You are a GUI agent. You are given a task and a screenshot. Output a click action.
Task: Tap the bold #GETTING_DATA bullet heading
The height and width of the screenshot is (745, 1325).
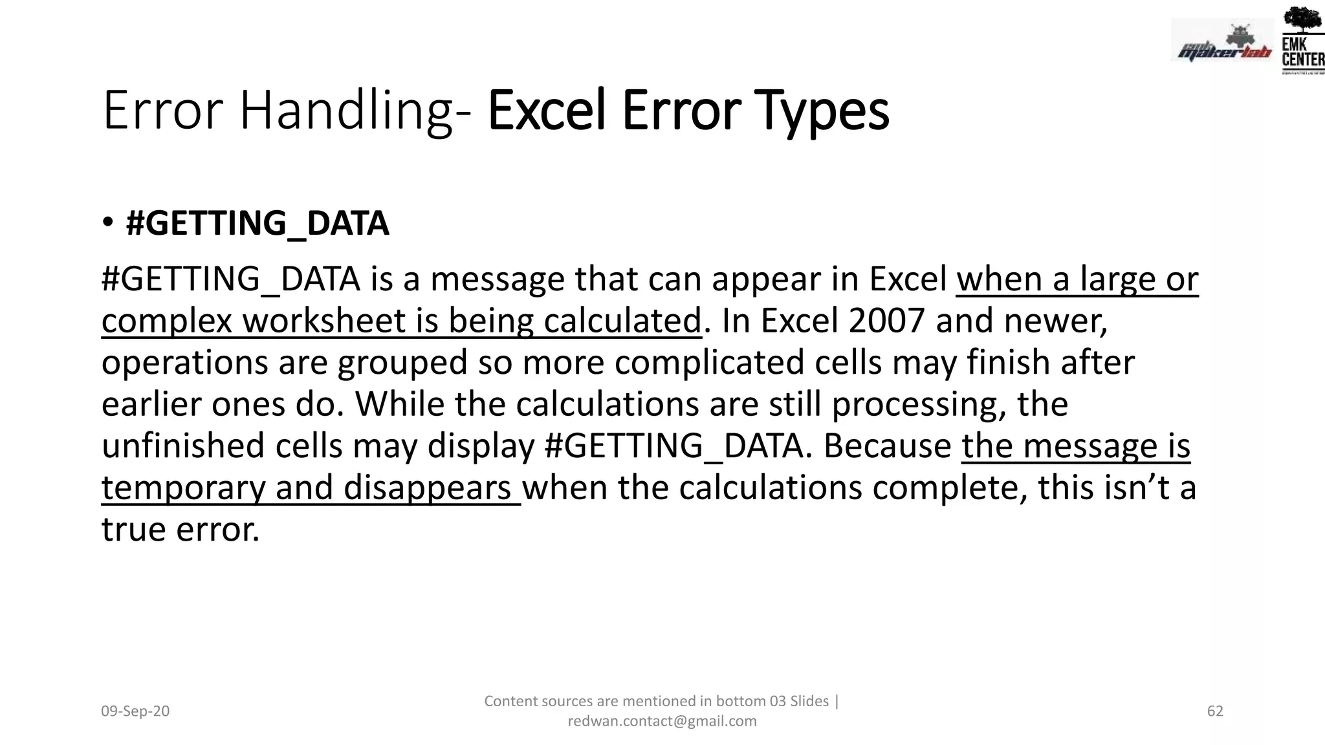(257, 223)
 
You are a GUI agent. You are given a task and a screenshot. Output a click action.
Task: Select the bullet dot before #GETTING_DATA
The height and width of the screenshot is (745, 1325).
(108, 223)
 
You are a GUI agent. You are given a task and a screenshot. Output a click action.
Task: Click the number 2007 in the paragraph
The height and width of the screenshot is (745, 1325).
(886, 321)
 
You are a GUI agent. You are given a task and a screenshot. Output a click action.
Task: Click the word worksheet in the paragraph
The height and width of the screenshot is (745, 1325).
(323, 321)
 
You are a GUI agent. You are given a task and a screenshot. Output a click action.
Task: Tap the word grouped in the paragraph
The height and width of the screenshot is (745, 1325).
(402, 363)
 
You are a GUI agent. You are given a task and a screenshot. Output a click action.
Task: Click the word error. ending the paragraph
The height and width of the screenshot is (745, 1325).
(218, 530)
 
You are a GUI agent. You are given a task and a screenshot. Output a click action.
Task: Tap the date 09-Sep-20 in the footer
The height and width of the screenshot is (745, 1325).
(135, 711)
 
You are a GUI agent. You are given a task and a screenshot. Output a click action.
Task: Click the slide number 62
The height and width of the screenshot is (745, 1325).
(1215, 711)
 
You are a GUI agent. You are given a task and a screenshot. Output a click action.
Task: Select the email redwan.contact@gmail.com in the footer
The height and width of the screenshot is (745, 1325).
(662, 721)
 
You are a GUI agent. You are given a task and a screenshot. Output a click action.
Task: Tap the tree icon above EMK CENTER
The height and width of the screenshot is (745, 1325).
(1302, 19)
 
